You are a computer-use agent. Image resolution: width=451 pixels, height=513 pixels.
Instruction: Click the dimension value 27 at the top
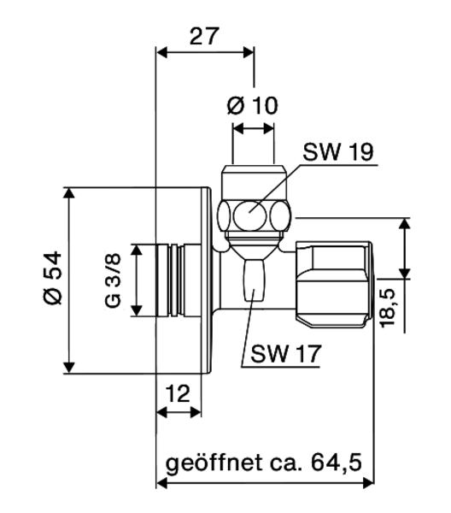click(x=204, y=36)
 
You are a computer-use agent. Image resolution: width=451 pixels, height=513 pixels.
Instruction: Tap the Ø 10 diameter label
click(x=252, y=105)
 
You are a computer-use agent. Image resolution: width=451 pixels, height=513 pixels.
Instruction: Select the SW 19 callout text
click(x=338, y=151)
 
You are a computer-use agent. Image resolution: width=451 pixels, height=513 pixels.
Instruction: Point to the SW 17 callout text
click(x=286, y=353)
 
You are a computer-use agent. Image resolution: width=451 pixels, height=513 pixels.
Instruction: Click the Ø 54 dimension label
click(x=53, y=278)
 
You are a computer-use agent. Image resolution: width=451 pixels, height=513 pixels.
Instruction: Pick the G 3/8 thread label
click(x=113, y=280)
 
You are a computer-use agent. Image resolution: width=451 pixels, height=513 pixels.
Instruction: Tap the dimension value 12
click(x=178, y=393)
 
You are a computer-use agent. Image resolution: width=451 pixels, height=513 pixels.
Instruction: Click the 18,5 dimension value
click(x=387, y=307)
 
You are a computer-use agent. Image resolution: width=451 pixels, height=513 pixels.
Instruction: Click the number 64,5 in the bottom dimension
click(x=337, y=463)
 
